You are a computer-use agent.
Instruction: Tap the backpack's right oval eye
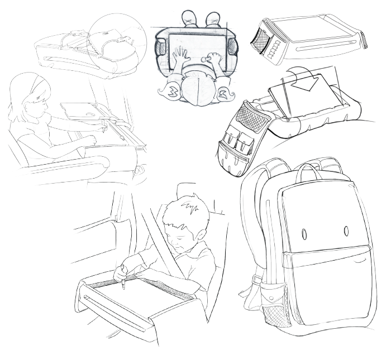[x=346, y=230]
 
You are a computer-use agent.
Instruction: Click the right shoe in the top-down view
[x=213, y=18]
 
